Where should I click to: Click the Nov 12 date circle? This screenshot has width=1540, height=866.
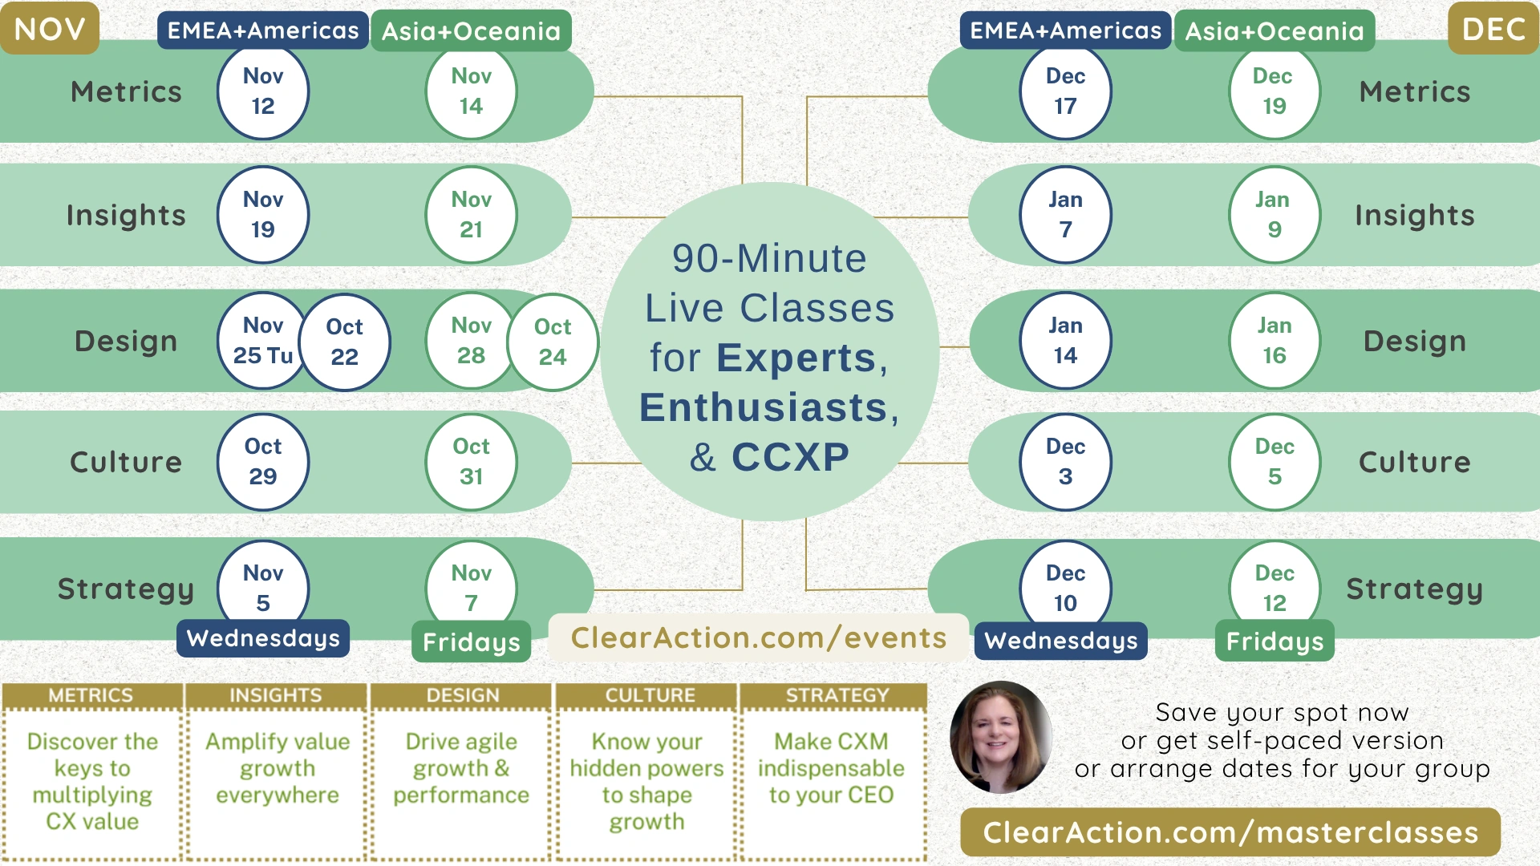pyautogui.click(x=263, y=91)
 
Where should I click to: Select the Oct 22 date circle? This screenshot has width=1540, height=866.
pyautogui.click(x=345, y=342)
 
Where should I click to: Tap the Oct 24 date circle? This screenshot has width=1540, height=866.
pyautogui.click(x=553, y=342)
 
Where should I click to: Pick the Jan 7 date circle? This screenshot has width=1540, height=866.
pyautogui.click(x=1065, y=215)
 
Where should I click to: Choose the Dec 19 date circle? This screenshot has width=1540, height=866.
pyautogui.click(x=1274, y=91)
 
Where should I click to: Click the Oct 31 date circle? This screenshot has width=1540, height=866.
pyautogui.click(x=471, y=462)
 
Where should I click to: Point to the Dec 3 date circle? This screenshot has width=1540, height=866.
pyautogui.click(x=1065, y=462)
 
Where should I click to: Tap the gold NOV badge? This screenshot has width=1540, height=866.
pyautogui.click(x=50, y=29)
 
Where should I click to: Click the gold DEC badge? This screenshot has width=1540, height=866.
pyautogui.click(x=1493, y=29)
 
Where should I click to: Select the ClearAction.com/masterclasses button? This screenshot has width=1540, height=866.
pyautogui.click(x=1230, y=832)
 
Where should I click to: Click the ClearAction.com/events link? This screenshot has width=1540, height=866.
pyautogui.click(x=759, y=638)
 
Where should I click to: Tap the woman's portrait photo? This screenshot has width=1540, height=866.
pyautogui.click(x=1000, y=737)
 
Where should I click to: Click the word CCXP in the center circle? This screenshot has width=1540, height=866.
pyautogui.click(x=790, y=457)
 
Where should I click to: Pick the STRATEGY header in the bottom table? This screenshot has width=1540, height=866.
pyautogui.click(x=837, y=695)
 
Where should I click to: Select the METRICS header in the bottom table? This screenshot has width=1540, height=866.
pyautogui.click(x=91, y=695)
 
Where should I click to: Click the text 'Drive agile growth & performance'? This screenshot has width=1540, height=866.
pyautogui.click(x=461, y=768)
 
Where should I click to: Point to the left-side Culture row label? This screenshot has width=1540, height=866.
pyautogui.click(x=126, y=463)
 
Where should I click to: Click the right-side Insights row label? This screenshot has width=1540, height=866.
pyautogui.click(x=1415, y=216)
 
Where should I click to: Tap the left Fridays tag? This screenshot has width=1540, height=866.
pyautogui.click(x=472, y=642)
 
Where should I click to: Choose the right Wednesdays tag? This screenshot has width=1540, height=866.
pyautogui.click(x=1061, y=641)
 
